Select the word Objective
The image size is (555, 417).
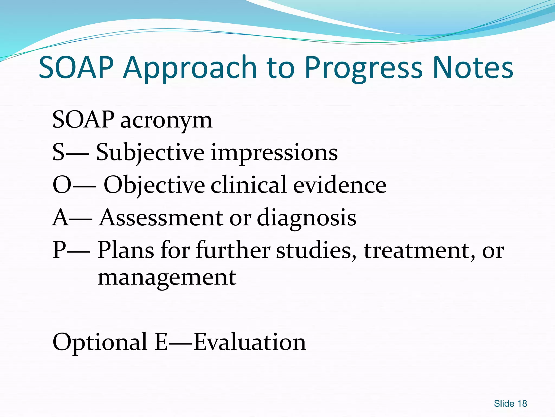click(x=154, y=185)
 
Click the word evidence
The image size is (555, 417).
click(x=340, y=185)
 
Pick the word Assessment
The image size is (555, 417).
click(x=161, y=218)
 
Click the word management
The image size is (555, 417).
click(x=167, y=278)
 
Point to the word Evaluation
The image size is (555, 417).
click(x=250, y=342)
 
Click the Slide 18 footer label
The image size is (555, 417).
click(x=510, y=403)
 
